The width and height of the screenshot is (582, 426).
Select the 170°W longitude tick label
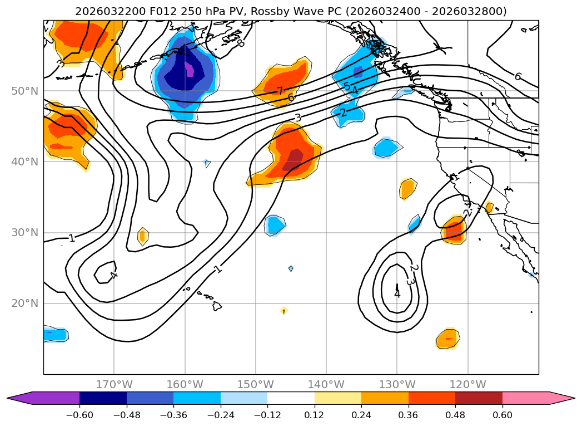[x=114, y=384]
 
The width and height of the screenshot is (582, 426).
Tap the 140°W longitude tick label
[x=326, y=384]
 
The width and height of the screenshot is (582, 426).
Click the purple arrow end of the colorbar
[x=19, y=398]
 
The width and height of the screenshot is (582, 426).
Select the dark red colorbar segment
[x=479, y=398]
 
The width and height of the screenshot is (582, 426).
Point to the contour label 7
[x=280, y=91]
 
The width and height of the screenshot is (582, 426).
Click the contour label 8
[x=240, y=43]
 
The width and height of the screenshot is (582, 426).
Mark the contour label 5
[x=347, y=87]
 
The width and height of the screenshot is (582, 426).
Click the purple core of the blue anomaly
[x=190, y=70]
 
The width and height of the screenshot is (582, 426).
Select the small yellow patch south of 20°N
[x=284, y=310]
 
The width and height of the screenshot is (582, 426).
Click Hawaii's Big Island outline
[x=217, y=306]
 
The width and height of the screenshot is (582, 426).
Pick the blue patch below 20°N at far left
[x=56, y=335]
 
